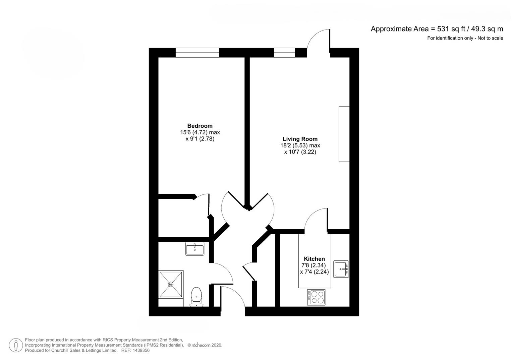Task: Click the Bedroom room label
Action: [200, 126]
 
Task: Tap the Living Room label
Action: [300, 139]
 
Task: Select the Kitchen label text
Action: [314, 259]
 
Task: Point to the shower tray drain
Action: [171, 284]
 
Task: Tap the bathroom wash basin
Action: [194, 249]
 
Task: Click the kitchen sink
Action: [341, 269]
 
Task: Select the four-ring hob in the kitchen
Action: [316, 297]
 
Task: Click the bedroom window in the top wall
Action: [197, 53]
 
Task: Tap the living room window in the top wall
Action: [284, 53]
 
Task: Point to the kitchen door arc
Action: [315, 219]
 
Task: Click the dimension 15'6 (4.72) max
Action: [200, 132]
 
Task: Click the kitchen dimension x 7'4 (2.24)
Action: [314, 272]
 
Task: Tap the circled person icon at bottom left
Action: [16, 345]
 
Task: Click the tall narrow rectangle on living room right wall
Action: [344, 134]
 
